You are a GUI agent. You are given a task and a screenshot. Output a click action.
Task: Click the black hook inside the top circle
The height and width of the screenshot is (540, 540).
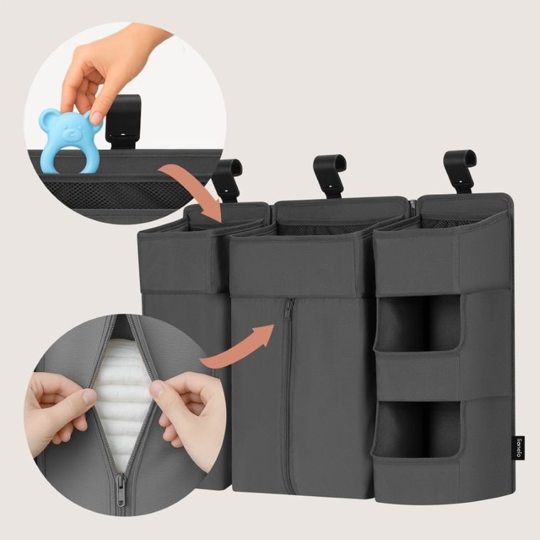tap(123, 121)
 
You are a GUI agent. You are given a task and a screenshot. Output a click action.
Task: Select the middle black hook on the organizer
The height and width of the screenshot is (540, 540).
tap(329, 174)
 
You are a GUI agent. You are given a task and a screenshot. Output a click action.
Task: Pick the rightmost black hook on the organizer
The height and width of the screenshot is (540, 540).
tap(459, 169)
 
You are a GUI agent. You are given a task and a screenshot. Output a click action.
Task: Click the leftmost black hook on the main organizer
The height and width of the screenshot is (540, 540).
tap(228, 178)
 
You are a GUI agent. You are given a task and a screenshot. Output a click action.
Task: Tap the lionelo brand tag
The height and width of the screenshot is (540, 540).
tap(519, 448)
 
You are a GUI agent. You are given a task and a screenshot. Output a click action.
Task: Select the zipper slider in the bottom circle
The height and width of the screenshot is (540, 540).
tap(121, 486)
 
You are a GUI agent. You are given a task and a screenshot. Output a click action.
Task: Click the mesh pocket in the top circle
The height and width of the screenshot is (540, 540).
tap(107, 194)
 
